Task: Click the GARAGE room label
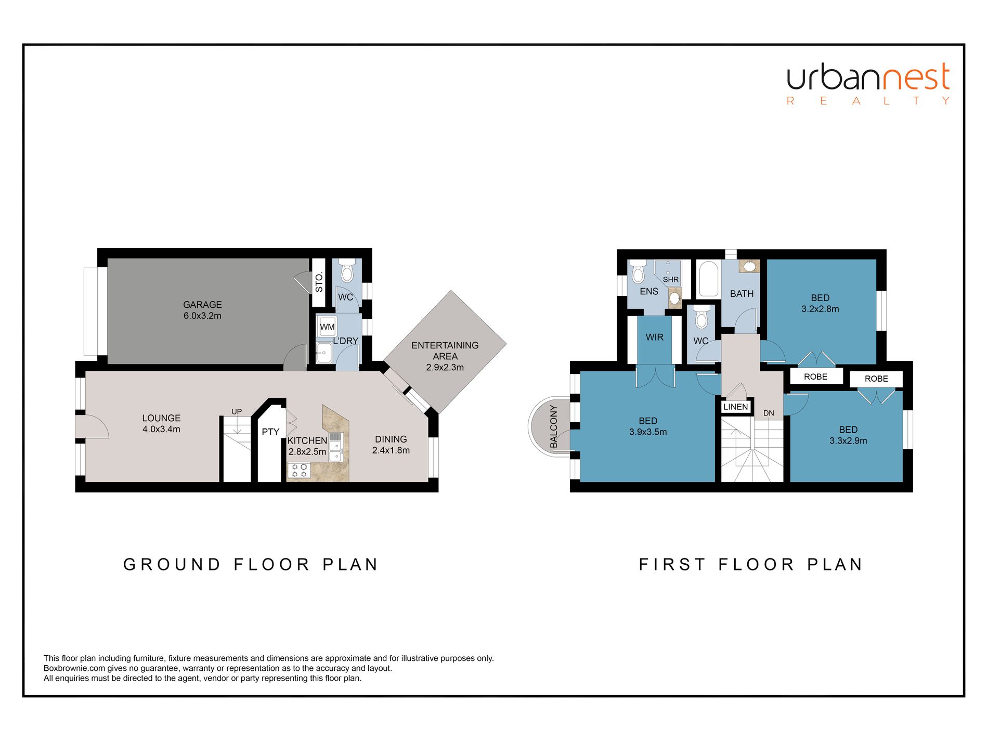pos(202,305)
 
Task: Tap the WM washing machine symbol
pos(327,327)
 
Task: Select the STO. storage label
pos(319,282)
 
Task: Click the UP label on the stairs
pos(237,412)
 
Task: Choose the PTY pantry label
pos(270,432)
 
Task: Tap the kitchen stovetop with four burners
pos(299,471)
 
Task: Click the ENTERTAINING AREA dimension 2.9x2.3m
pos(445,367)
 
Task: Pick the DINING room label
pos(391,439)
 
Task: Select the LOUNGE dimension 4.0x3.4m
pos(161,429)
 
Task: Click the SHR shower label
pos(671,280)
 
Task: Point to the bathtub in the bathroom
pos(707,279)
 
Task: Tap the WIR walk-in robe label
pos(655,337)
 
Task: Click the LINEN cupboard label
pos(736,407)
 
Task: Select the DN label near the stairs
pos(769,413)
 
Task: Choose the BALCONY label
pos(554,426)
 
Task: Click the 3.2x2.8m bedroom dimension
pos(820,309)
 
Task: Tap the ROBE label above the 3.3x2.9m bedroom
pos(876,379)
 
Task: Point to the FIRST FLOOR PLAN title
pos(751,564)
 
